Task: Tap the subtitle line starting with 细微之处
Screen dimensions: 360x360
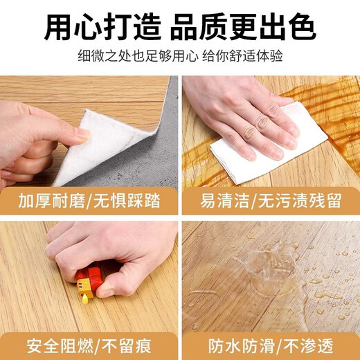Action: [x=180, y=55]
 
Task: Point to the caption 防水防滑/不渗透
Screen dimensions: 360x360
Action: [x=271, y=344]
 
